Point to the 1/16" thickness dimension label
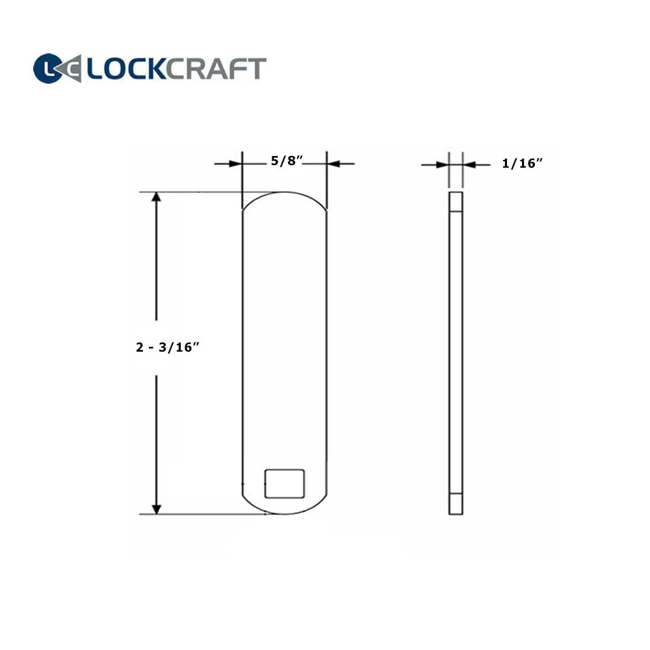pos(521,164)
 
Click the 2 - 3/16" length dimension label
pos(166,347)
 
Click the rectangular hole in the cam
pos(285,483)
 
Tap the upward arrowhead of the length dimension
pos(156,198)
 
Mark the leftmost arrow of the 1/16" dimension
pos(435,165)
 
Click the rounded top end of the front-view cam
pos(284,195)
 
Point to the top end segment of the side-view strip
pos(456,202)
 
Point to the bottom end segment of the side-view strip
pos(456,504)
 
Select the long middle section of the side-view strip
pos(456,351)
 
